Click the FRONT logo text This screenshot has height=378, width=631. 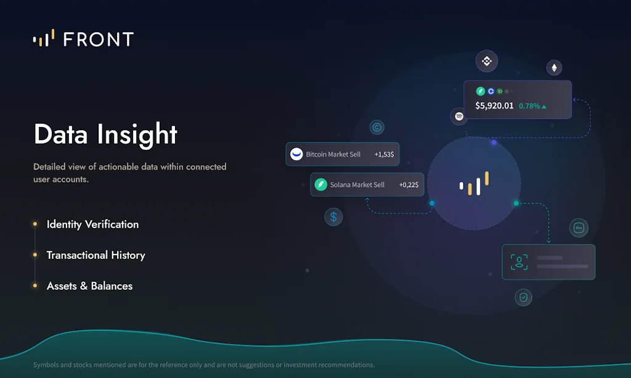pos(98,39)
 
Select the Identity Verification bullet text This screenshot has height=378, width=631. pos(92,224)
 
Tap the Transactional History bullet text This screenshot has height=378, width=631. pos(96,255)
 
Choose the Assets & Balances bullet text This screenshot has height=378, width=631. pos(89,286)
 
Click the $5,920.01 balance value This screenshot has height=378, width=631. pos(494,106)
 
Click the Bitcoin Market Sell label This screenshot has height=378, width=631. pos(333,154)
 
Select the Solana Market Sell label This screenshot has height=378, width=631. pos(357,184)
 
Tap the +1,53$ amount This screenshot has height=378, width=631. pos(384,154)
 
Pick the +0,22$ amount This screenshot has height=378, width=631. pos(409,184)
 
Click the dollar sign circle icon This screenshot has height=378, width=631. pos(333,216)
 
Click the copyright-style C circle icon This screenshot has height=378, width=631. pos(377,128)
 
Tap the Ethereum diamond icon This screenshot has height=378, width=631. pos(554,68)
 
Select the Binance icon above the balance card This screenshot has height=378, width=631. pos(487,61)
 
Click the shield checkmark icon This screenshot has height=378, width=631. pos(523,297)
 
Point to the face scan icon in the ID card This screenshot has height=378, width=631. pos(519,262)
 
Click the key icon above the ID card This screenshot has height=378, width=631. pos(579,228)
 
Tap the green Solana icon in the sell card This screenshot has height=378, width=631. pos(320,184)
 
